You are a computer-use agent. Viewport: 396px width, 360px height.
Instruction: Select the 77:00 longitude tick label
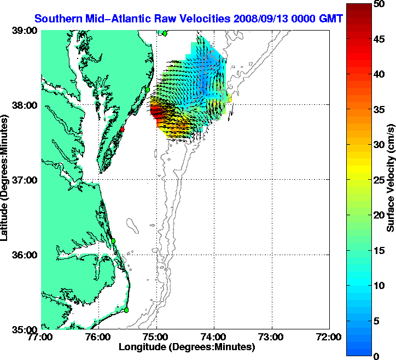coord(42,337)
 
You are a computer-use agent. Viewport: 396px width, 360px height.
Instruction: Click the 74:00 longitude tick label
coord(214,337)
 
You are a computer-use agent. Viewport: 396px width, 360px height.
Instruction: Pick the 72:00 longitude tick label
coord(330,337)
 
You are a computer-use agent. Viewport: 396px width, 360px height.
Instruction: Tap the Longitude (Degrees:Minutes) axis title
coord(186,347)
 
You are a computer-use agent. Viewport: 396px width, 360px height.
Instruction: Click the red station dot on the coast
coord(123,129)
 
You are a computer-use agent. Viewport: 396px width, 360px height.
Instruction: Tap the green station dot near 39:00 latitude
coord(164,33)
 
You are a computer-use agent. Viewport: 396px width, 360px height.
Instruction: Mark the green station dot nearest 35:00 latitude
coord(126,310)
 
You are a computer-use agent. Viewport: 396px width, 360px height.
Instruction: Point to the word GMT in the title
coord(333,19)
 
